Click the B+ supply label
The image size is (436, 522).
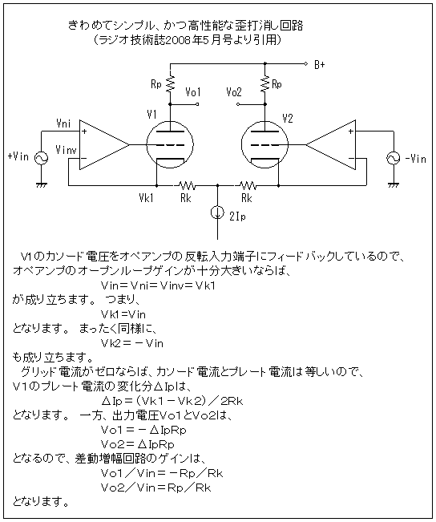pyautogui.click(x=320, y=65)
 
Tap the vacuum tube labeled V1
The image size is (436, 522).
pyautogui.click(x=170, y=145)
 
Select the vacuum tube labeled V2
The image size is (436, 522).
pyautogui.click(x=264, y=145)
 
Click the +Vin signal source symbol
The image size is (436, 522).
pyautogui.click(x=41, y=158)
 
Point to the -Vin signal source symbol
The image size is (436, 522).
pyautogui.click(x=393, y=158)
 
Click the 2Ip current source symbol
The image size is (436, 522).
pyautogui.click(x=218, y=212)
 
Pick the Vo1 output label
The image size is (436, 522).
pyautogui.click(x=193, y=92)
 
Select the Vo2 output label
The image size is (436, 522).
pyautogui.click(x=234, y=92)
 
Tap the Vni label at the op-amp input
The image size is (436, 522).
pyautogui.click(x=63, y=123)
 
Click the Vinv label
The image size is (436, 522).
pyautogui.click(x=67, y=150)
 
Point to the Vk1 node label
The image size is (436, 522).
pyautogui.click(x=146, y=198)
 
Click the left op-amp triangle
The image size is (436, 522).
pyautogui.click(x=104, y=145)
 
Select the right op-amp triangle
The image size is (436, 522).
pyautogui.click(x=331, y=145)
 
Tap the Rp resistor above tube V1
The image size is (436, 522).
pyautogui.click(x=170, y=84)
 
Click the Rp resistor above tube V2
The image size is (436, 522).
pyautogui.click(x=265, y=84)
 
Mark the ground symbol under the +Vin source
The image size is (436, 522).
pyautogui.click(x=41, y=184)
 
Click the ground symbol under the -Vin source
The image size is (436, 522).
pyautogui.click(x=393, y=184)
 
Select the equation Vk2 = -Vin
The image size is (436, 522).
pyautogui.click(x=132, y=343)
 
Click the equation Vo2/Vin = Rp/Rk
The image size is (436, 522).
pyautogui.click(x=156, y=488)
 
